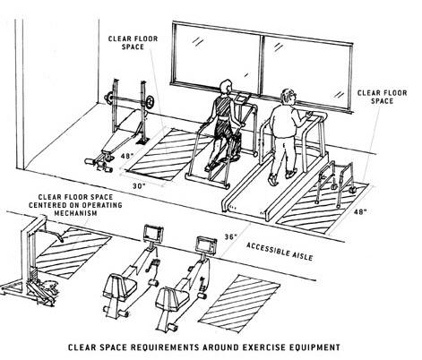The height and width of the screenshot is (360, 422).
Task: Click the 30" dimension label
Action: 139,186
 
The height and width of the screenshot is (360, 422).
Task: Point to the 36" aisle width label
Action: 230,236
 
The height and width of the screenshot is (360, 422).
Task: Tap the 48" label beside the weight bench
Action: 127,156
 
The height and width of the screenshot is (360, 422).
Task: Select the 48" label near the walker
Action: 360,212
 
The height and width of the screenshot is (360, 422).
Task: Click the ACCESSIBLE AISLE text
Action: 280,252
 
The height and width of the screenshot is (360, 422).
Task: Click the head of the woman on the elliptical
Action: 226,87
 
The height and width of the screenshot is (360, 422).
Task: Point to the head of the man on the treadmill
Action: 289,96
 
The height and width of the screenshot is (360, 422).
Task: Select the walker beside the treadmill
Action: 336,183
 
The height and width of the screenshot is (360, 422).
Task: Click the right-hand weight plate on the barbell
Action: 150,102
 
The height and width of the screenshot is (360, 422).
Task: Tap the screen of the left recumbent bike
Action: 153,233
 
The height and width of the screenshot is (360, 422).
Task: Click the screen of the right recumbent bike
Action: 206,244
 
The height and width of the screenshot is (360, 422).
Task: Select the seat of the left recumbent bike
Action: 120,287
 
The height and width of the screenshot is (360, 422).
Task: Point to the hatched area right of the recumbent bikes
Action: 239,303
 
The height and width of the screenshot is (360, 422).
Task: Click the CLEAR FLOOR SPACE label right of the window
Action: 382,97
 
